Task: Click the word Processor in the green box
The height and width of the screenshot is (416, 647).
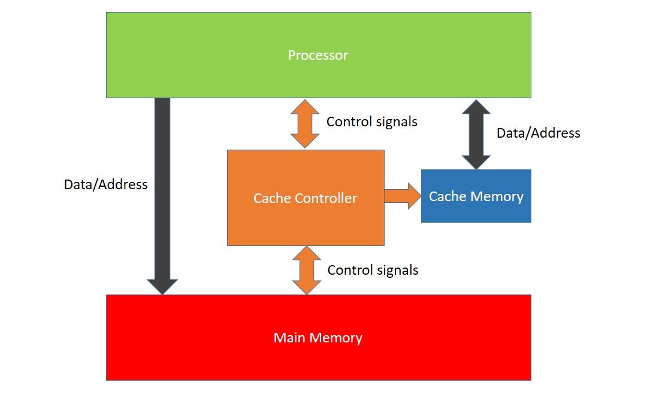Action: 318,56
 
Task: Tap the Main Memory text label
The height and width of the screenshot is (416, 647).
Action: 318,338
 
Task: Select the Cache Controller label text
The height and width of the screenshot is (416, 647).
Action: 305,198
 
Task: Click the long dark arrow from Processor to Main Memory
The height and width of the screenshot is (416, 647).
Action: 162,192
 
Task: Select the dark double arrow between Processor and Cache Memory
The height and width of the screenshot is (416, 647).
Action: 476,133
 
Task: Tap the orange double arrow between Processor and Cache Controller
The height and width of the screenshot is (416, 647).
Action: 306,124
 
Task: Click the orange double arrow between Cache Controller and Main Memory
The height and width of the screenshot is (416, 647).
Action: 306,270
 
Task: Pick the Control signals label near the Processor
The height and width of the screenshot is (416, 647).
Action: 371,122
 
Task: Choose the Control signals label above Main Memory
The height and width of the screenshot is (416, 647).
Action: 373,270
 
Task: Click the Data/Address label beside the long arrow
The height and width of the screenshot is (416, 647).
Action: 105,184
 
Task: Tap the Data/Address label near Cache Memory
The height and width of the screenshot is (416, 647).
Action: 538,133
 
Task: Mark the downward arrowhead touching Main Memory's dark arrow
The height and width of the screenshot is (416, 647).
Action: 162,286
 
